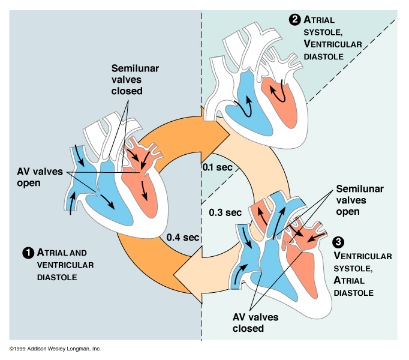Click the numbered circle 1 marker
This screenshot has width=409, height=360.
click(27, 253)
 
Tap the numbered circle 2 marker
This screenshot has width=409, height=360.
click(294, 20)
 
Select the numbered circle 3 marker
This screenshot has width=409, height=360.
click(338, 242)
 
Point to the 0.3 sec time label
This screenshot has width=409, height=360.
click(225, 212)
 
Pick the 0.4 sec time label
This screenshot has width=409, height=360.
click(183, 237)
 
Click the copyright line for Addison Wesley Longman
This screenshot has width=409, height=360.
click(55, 349)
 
